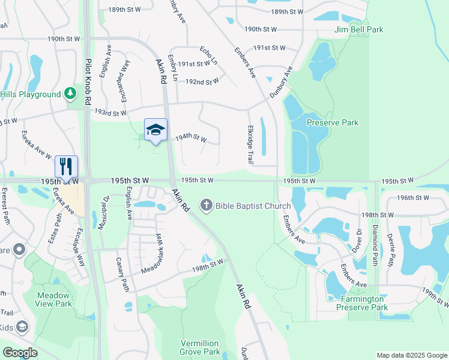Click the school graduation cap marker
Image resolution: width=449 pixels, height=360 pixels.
(x=155, y=130)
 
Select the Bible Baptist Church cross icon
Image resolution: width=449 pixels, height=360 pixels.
(x=206, y=206)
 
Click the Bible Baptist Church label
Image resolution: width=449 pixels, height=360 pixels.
(x=253, y=206)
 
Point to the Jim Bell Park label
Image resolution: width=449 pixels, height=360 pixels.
(x=359, y=29)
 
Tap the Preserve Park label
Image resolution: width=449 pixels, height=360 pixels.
(x=332, y=122)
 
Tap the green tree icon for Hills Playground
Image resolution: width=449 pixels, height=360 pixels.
(x=71, y=94)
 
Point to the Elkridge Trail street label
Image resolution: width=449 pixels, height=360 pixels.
(x=250, y=145)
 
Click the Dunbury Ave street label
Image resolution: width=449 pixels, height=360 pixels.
(x=280, y=82)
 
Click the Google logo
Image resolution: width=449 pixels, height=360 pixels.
(x=20, y=353)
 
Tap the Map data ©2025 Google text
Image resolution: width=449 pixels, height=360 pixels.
(x=411, y=355)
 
